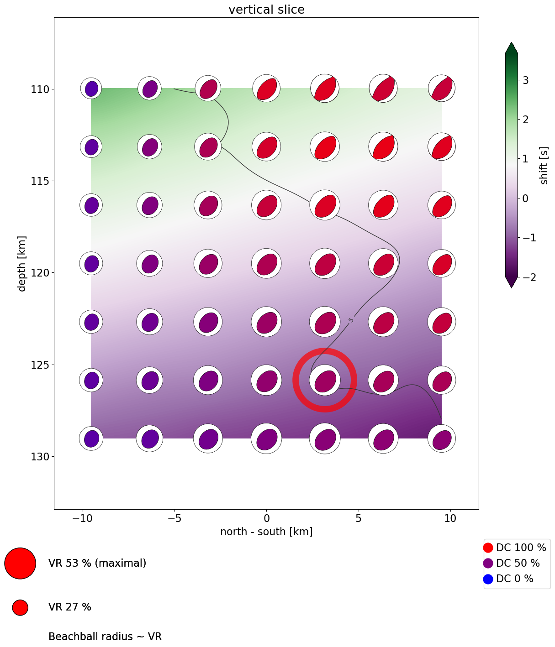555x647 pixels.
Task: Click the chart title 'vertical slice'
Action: point(266,10)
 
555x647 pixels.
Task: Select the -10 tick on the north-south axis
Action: point(82,519)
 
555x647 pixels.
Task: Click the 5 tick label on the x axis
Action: point(359,519)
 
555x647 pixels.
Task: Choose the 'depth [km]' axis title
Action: point(21,263)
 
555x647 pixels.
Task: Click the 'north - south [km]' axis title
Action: point(266,532)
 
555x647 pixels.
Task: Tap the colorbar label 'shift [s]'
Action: point(544,166)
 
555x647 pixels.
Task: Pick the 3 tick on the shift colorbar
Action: point(525,80)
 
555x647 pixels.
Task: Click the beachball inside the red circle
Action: point(325,380)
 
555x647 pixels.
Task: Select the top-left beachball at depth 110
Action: point(91,89)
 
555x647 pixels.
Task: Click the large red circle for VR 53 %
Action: point(20,563)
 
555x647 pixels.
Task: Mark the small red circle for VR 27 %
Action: point(20,607)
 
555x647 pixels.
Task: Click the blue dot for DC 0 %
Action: point(488,579)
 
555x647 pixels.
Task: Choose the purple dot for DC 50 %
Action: point(488,563)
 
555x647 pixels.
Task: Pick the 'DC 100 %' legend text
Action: point(521,548)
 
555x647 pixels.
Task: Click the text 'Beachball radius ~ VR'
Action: point(105,637)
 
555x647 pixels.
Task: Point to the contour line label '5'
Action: point(351,320)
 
